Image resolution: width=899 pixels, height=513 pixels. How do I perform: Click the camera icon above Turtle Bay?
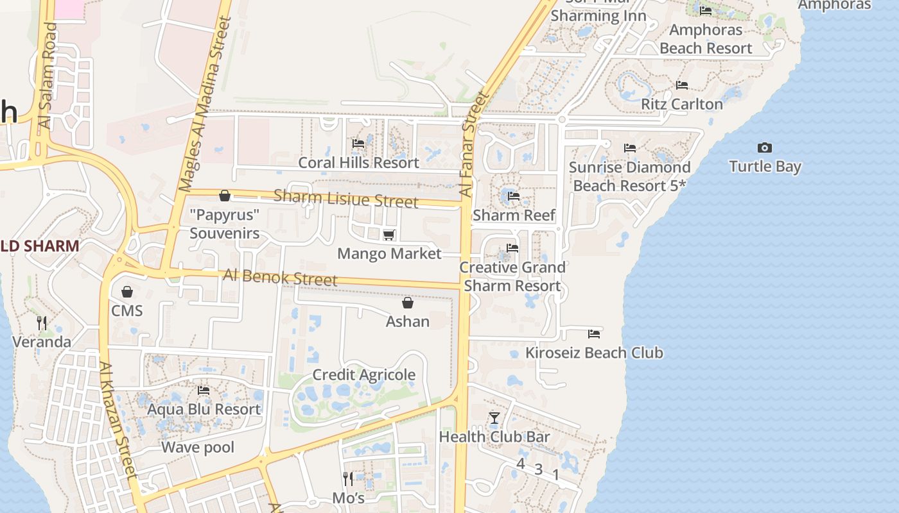click(764, 147)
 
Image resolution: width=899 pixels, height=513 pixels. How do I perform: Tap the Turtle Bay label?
click(765, 167)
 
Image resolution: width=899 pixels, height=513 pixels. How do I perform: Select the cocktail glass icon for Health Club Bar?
click(494, 418)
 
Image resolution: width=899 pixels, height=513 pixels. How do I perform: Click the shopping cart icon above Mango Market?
click(388, 235)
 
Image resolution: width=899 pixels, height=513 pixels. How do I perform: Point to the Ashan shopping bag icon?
click(408, 303)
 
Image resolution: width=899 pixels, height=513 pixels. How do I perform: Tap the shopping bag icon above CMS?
click(127, 292)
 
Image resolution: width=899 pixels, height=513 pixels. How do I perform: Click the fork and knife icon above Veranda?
click(42, 323)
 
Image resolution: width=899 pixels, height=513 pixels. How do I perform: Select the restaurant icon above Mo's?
click(348, 478)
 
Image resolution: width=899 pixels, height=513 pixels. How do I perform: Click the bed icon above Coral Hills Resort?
click(358, 144)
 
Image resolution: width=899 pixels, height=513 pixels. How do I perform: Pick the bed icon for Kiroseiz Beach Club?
click(594, 333)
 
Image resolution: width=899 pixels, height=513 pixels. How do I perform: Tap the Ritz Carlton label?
click(682, 104)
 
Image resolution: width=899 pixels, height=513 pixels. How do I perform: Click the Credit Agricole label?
click(363, 375)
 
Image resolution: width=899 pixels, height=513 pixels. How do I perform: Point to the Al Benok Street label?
click(280, 278)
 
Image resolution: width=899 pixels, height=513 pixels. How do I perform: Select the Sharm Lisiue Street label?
click(345, 199)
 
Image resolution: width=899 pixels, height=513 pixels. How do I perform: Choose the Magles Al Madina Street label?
click(205, 104)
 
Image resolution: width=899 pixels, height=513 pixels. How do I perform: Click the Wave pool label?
click(198, 448)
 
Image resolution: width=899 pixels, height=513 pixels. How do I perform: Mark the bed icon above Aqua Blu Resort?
click(204, 390)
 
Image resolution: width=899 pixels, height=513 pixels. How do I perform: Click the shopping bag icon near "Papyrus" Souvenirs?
click(225, 196)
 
